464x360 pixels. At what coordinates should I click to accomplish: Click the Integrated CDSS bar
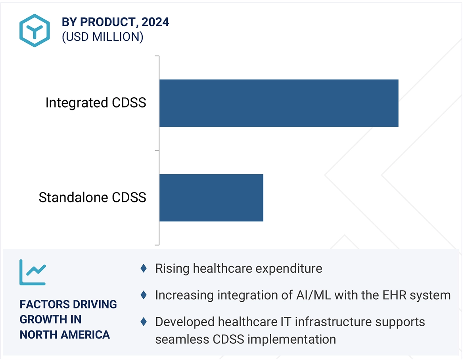click(x=279, y=103)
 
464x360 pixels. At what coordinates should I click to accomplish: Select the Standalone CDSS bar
click(x=211, y=197)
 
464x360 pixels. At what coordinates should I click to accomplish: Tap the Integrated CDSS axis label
click(x=96, y=103)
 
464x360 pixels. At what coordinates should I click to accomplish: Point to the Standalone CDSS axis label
click(x=92, y=197)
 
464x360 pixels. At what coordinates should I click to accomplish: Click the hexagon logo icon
click(x=35, y=31)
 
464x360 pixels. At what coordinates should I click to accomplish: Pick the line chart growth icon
click(x=33, y=272)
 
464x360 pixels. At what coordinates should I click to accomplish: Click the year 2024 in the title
click(x=155, y=22)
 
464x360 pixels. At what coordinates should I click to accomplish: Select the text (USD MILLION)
click(x=102, y=37)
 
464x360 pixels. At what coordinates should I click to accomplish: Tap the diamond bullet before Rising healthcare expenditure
click(x=144, y=269)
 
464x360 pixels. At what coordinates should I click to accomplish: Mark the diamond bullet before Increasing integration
click(x=144, y=295)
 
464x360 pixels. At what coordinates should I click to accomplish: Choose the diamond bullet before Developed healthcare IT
click(x=144, y=321)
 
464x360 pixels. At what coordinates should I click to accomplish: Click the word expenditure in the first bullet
click(x=288, y=269)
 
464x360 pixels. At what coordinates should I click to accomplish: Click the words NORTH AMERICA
click(x=65, y=335)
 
